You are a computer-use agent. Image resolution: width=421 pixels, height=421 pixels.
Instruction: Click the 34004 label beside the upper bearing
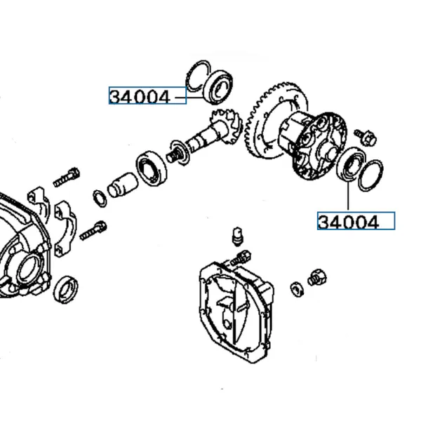click(x=140, y=97)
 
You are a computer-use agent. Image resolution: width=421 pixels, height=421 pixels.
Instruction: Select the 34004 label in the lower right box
click(x=348, y=222)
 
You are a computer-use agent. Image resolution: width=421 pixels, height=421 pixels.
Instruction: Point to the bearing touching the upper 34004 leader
click(x=218, y=86)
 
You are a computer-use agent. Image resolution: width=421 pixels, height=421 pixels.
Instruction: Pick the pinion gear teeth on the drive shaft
click(x=227, y=124)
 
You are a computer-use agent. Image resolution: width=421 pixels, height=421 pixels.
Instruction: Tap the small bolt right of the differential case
click(x=365, y=137)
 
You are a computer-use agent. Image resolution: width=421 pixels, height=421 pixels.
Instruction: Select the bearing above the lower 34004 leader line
click(x=350, y=165)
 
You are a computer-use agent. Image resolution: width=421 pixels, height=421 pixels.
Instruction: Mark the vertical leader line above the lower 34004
click(x=348, y=196)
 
